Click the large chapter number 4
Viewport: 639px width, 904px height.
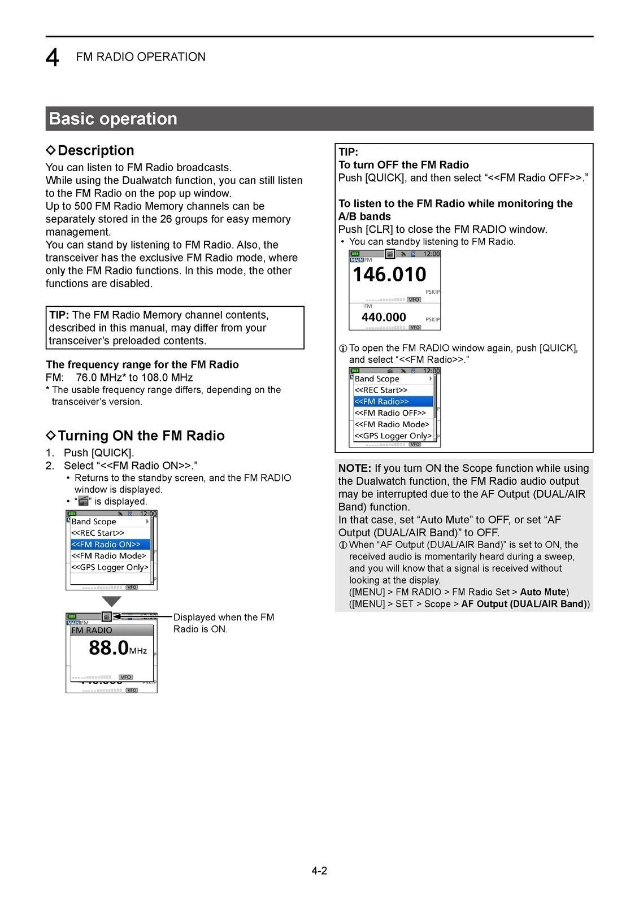click(x=52, y=58)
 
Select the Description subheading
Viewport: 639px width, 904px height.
click(x=95, y=150)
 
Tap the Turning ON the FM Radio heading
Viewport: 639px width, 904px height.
click(x=141, y=436)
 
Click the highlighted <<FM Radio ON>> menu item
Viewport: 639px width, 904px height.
click(x=110, y=545)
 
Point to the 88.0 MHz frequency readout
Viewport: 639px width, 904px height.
click(x=117, y=648)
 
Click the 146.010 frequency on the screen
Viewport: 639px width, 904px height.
click(x=389, y=275)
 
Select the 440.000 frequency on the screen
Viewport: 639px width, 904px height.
click(x=384, y=318)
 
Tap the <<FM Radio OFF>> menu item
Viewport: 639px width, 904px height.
click(x=390, y=413)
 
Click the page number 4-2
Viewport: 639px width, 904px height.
click(x=319, y=871)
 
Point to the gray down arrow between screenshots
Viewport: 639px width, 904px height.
click(x=111, y=601)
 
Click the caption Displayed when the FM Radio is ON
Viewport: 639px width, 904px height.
click(x=223, y=623)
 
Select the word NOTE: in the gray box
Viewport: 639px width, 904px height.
click(x=354, y=468)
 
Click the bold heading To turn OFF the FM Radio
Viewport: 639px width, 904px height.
click(x=403, y=165)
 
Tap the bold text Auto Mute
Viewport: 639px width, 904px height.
click(x=542, y=592)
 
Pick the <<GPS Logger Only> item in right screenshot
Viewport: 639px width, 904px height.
click(x=393, y=436)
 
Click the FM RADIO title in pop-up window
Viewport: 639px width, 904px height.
click(x=92, y=631)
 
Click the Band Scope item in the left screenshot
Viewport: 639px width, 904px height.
click(x=94, y=521)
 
